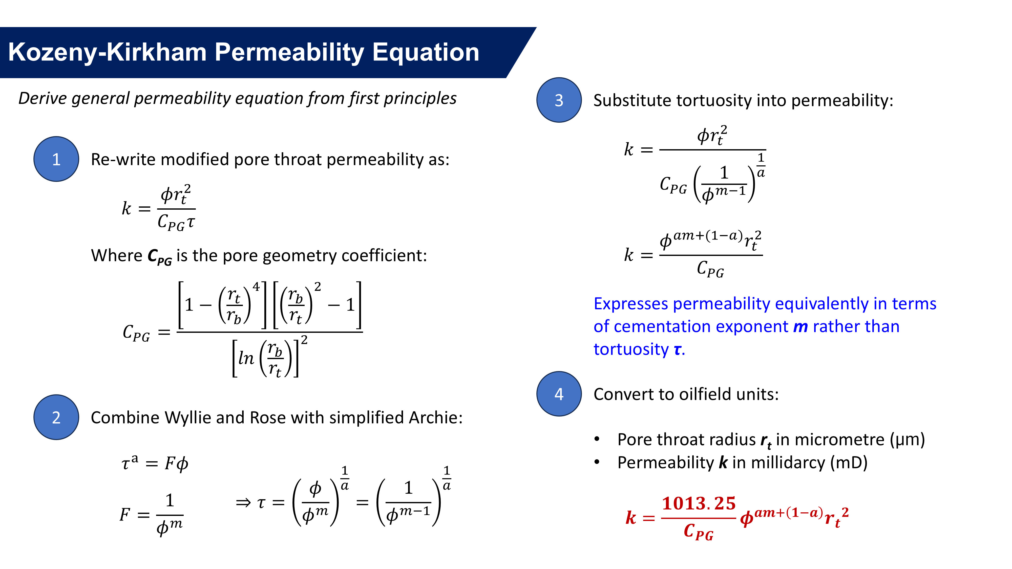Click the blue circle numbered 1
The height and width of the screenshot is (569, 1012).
[56, 159]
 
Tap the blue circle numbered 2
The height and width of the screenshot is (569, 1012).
[56, 417]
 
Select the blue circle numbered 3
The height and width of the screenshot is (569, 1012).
[559, 100]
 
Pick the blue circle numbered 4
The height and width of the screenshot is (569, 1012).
[559, 394]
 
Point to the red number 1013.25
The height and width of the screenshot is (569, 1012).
[699, 504]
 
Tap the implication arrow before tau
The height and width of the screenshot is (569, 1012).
[243, 503]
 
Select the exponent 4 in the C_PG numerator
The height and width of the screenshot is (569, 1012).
[256, 287]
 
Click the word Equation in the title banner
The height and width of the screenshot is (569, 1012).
[426, 52]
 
